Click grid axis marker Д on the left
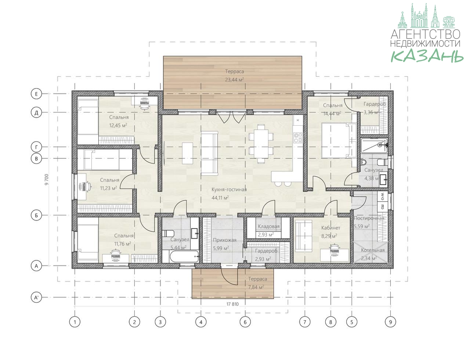click(x=36, y=113)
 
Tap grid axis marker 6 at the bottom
click(x=245, y=322)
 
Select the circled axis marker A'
click(x=36, y=298)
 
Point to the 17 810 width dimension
click(x=232, y=304)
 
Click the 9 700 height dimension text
click(x=47, y=180)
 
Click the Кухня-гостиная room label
click(x=229, y=190)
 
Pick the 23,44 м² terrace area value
click(x=235, y=80)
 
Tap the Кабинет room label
click(x=330, y=228)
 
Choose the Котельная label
click(x=373, y=250)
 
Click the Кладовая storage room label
click(x=269, y=227)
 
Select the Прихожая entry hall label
click(x=224, y=240)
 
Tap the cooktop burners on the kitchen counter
click(x=298, y=138)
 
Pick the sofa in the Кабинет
click(x=303, y=236)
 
